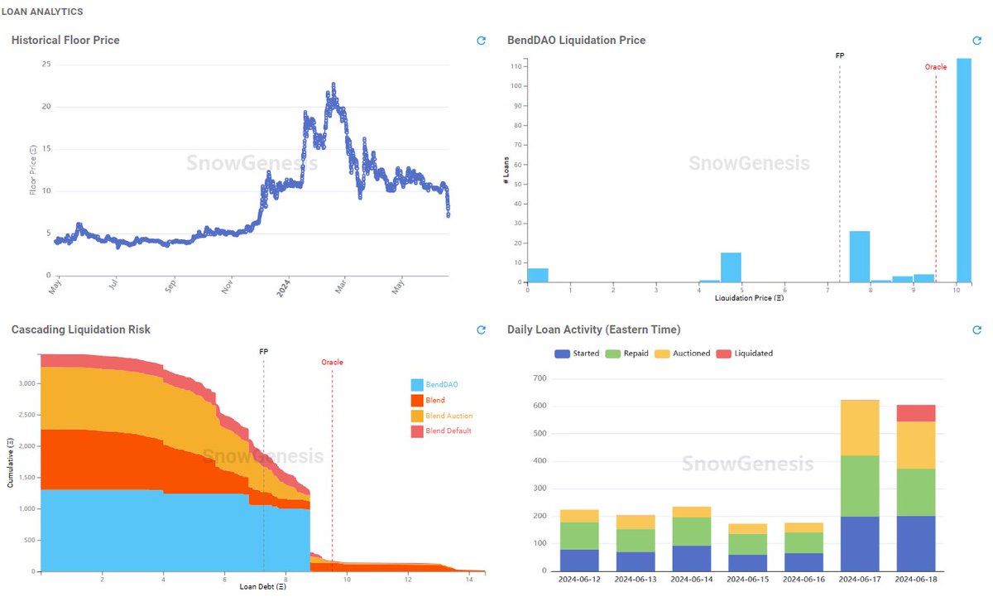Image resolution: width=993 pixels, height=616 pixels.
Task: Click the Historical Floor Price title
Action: pyautogui.click(x=65, y=40)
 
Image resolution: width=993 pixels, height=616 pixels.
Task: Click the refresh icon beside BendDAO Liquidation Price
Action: pyautogui.click(x=976, y=41)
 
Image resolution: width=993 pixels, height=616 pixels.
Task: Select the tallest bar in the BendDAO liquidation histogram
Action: pyautogui.click(x=963, y=170)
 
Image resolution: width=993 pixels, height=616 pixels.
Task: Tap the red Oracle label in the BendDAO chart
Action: pyautogui.click(x=935, y=67)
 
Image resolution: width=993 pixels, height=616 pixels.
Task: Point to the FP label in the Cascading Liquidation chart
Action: pyautogui.click(x=263, y=352)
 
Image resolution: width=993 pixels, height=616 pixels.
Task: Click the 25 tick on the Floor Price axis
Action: pyautogui.click(x=46, y=65)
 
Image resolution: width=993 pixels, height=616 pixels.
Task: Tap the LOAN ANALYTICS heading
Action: pyautogui.click(x=41, y=12)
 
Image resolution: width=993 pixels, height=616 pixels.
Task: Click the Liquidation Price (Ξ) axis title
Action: pyautogui.click(x=749, y=296)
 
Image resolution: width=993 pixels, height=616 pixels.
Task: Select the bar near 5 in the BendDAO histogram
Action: pyautogui.click(x=731, y=267)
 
